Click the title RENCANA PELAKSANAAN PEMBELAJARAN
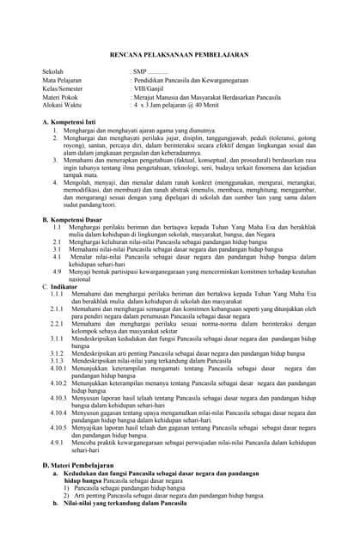pos(180,52)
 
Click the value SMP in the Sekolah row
pos(140,72)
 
